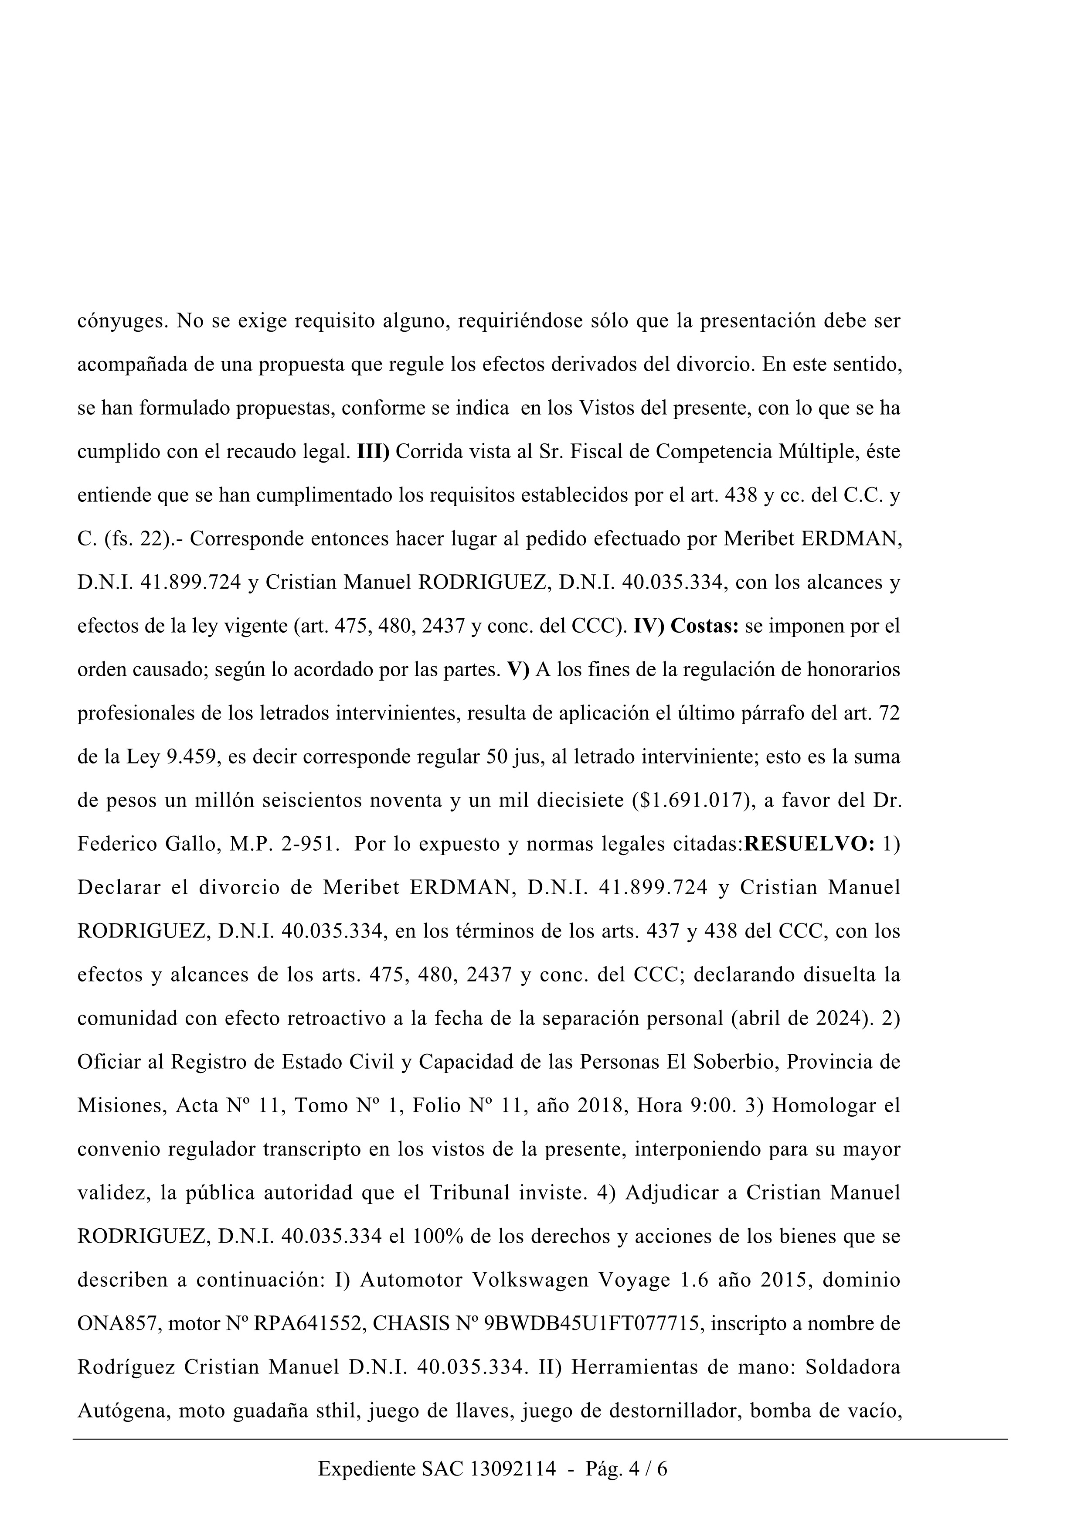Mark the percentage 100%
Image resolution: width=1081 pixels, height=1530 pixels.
[436, 1237]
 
